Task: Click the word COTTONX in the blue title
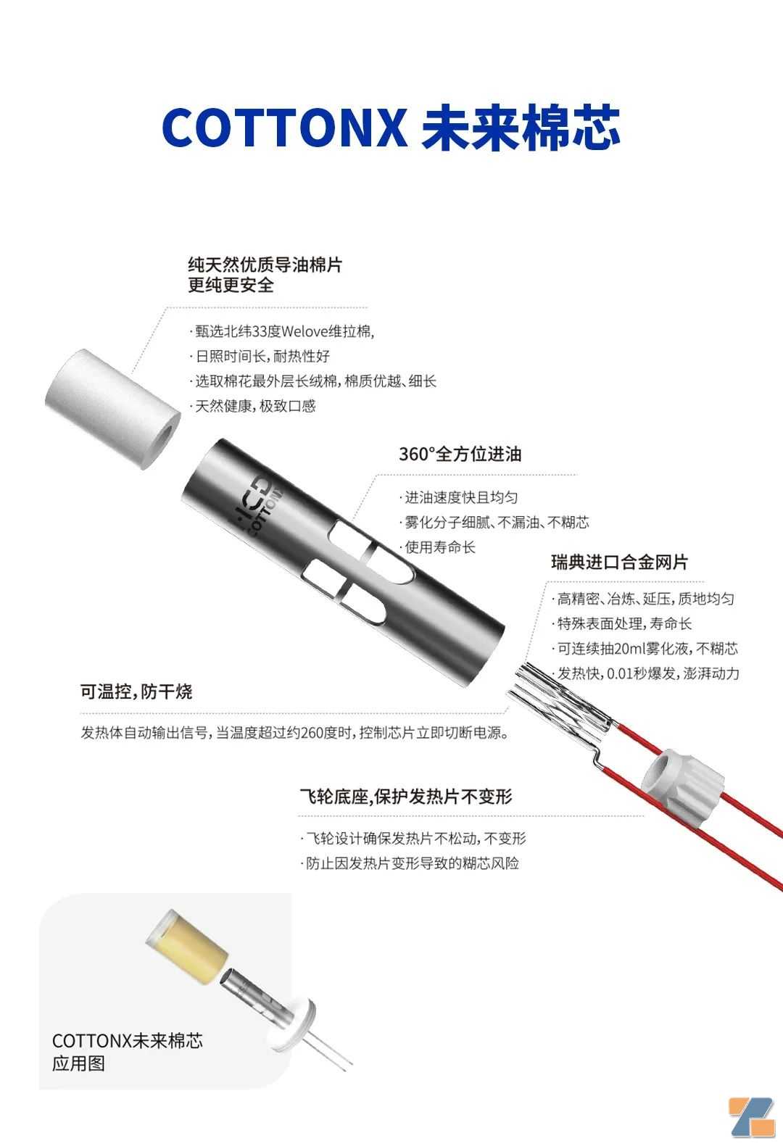[x=284, y=127]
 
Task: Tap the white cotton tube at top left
[x=113, y=409]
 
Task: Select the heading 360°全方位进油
[x=460, y=454]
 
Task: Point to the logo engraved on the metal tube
[x=258, y=504]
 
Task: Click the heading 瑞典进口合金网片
[x=619, y=562]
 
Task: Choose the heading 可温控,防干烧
[x=136, y=692]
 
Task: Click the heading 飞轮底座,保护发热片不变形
[x=406, y=796]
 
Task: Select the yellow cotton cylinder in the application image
[x=187, y=947]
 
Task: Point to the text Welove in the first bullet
[x=304, y=331]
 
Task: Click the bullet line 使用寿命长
[x=438, y=547]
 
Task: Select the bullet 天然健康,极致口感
[x=253, y=406]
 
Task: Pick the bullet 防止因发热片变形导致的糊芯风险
[x=410, y=863]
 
